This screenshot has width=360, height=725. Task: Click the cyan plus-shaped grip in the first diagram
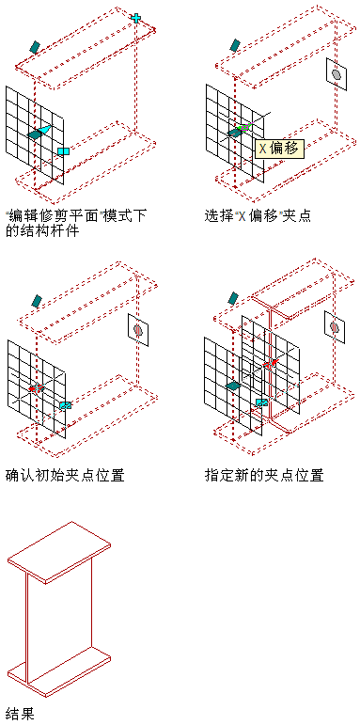tap(135, 18)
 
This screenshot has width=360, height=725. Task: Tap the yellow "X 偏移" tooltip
tap(279, 149)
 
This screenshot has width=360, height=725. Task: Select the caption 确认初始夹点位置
tap(65, 475)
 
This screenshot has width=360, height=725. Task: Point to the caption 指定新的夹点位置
tap(264, 475)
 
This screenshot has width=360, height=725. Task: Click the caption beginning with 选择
tap(258, 215)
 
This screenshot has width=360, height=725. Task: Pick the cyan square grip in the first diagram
tap(63, 151)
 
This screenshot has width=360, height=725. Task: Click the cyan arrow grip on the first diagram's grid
tap(44, 130)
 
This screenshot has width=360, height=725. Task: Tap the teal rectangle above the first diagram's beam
tap(35, 46)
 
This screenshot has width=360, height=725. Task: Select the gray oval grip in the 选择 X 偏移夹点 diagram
tap(337, 74)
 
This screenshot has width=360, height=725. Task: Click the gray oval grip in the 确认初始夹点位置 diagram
tap(138, 330)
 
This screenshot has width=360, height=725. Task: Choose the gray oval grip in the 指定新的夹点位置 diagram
tap(335, 327)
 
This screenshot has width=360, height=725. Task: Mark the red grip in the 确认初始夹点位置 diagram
tap(36, 388)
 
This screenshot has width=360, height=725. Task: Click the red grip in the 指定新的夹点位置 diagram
tap(269, 364)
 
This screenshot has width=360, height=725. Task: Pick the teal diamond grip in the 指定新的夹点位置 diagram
tap(233, 386)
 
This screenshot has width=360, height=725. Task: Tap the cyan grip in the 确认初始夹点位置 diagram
tap(66, 405)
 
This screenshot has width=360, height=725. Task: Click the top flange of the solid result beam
tap(58, 550)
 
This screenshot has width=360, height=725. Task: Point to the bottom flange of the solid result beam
tap(58, 670)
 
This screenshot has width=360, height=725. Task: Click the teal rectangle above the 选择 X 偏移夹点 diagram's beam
tap(235, 45)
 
